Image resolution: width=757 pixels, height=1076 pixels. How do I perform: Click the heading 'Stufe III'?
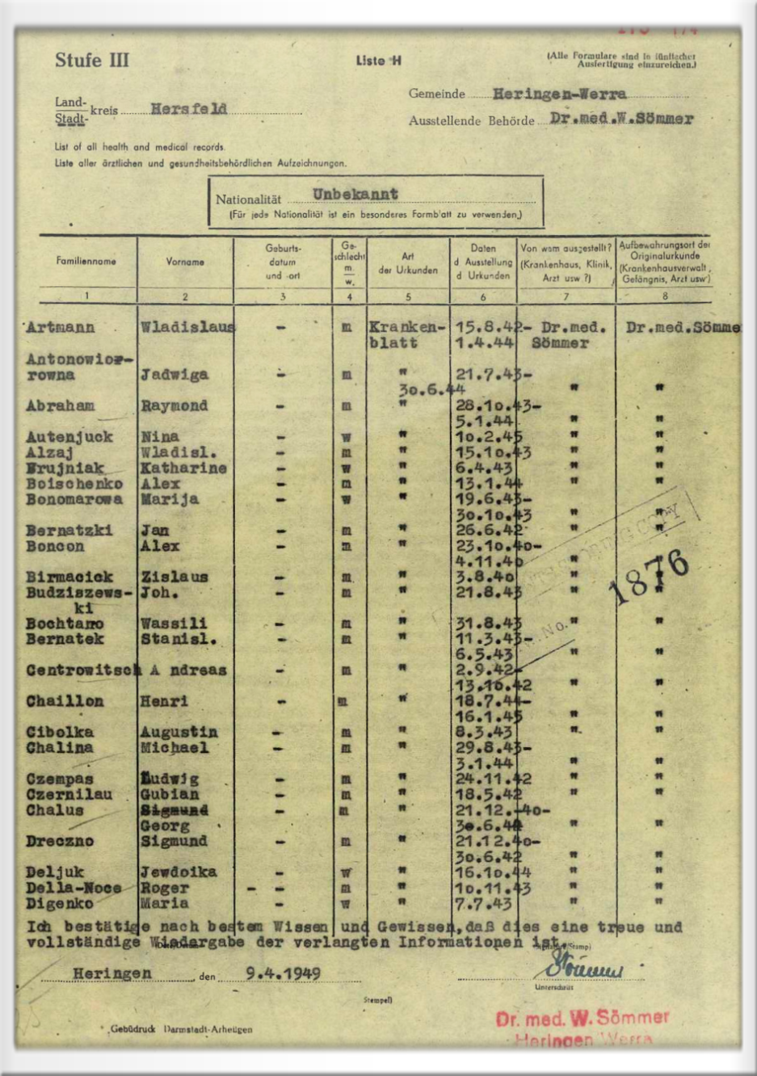(91, 61)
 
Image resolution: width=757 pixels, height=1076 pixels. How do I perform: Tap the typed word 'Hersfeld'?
(188, 109)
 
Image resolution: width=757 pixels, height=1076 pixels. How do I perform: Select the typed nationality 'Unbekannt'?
(355, 195)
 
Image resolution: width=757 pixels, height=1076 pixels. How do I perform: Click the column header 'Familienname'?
(86, 261)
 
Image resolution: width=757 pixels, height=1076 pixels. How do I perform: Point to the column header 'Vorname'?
(185, 262)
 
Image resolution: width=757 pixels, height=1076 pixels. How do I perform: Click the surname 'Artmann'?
(60, 328)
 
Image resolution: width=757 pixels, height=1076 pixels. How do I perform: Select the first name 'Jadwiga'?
(174, 375)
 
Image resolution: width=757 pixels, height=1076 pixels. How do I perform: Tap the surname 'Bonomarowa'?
(74, 499)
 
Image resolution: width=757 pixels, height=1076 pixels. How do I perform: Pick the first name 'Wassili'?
(174, 624)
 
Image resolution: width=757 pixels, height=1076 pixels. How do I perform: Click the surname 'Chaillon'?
(65, 701)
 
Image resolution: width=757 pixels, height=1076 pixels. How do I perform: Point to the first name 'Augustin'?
(179, 733)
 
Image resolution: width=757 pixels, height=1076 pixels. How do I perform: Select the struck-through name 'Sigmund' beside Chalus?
(174, 810)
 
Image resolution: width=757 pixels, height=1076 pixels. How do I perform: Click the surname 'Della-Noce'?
(74, 888)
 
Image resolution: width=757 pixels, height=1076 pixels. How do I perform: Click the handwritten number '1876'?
(650, 577)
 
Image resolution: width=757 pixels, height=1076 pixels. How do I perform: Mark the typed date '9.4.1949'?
(283, 973)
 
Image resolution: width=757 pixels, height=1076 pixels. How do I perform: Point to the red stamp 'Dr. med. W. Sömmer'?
(582, 1018)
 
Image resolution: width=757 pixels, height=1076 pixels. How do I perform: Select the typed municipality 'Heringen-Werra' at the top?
(559, 94)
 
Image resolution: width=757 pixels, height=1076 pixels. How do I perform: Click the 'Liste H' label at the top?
(379, 61)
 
